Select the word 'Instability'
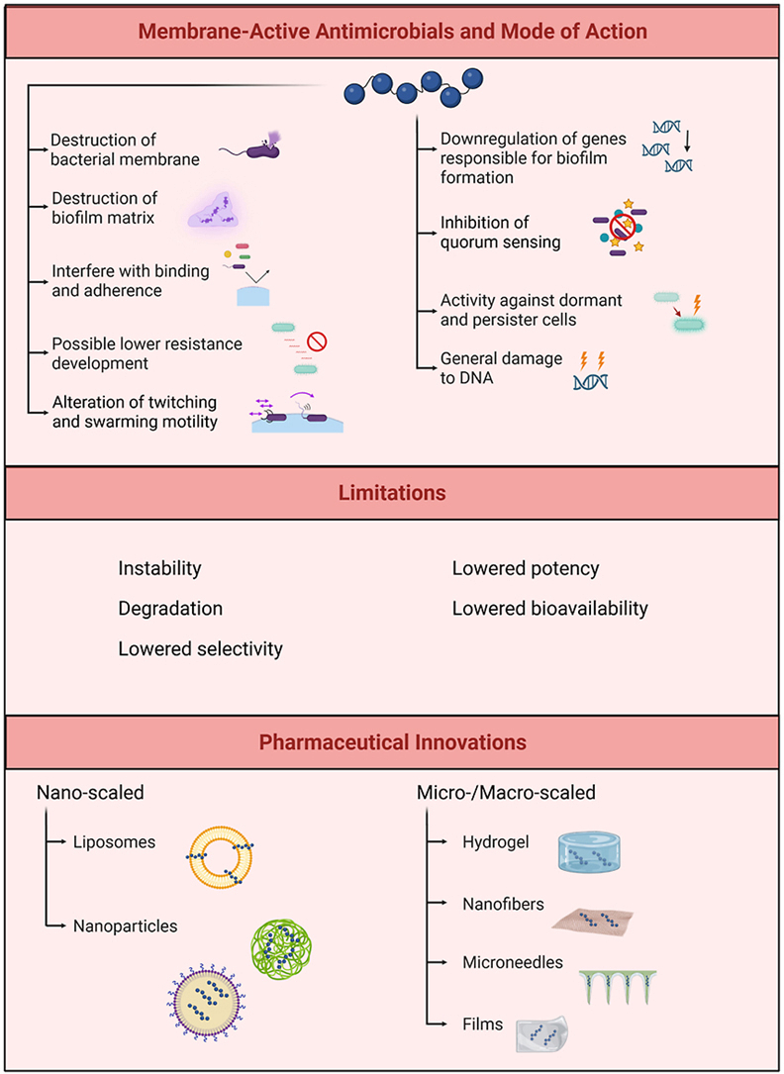point(159,568)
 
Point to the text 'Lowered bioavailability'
point(549,608)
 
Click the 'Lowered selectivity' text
point(200,648)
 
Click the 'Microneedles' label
point(511,962)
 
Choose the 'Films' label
point(482,1024)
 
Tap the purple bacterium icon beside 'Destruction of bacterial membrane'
point(261,149)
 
